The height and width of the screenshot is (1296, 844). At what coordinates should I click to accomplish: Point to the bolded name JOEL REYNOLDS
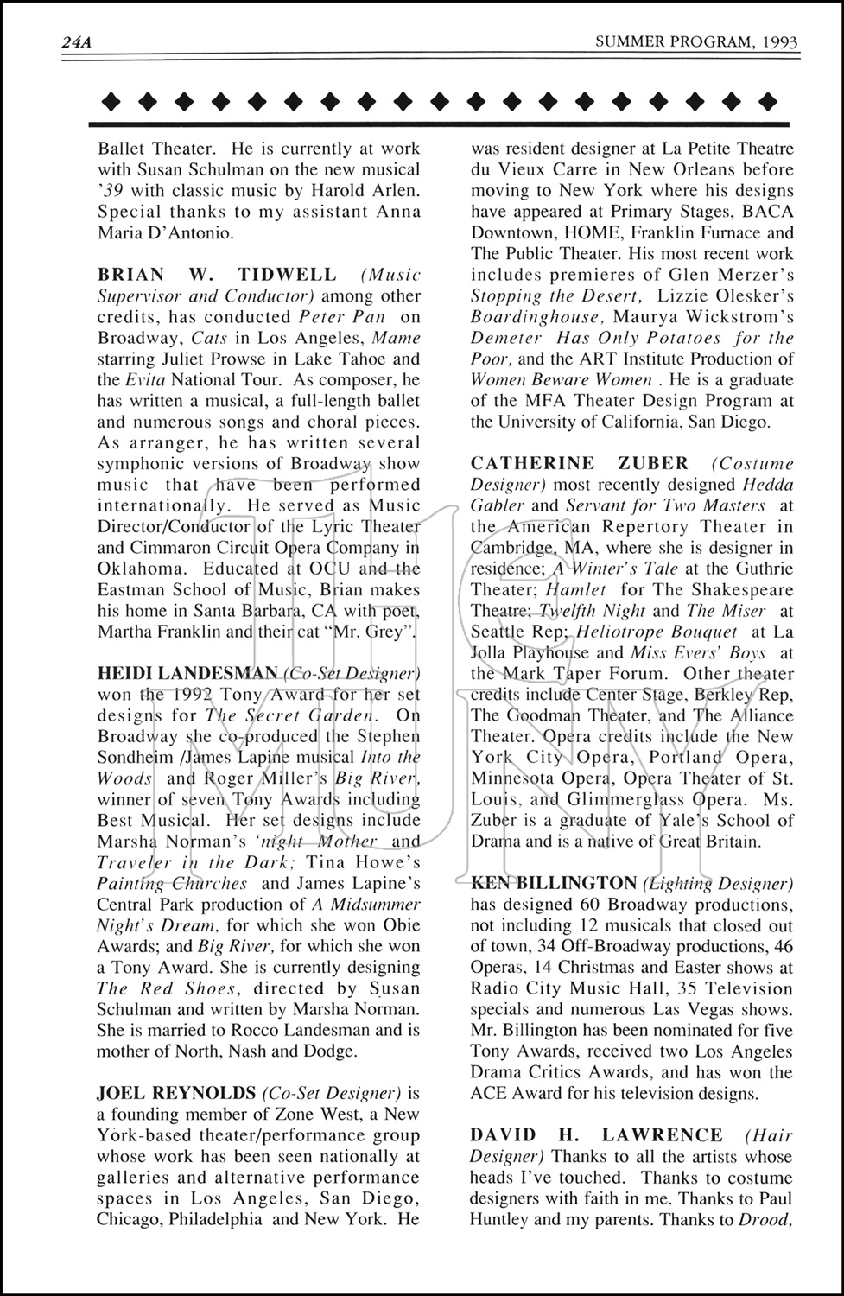pos(176,1093)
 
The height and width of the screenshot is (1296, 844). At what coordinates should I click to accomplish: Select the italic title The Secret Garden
pos(292,715)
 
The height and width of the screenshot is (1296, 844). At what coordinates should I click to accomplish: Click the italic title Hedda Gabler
pos(767,485)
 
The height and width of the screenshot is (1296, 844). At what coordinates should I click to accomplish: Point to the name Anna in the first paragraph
pos(399,212)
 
